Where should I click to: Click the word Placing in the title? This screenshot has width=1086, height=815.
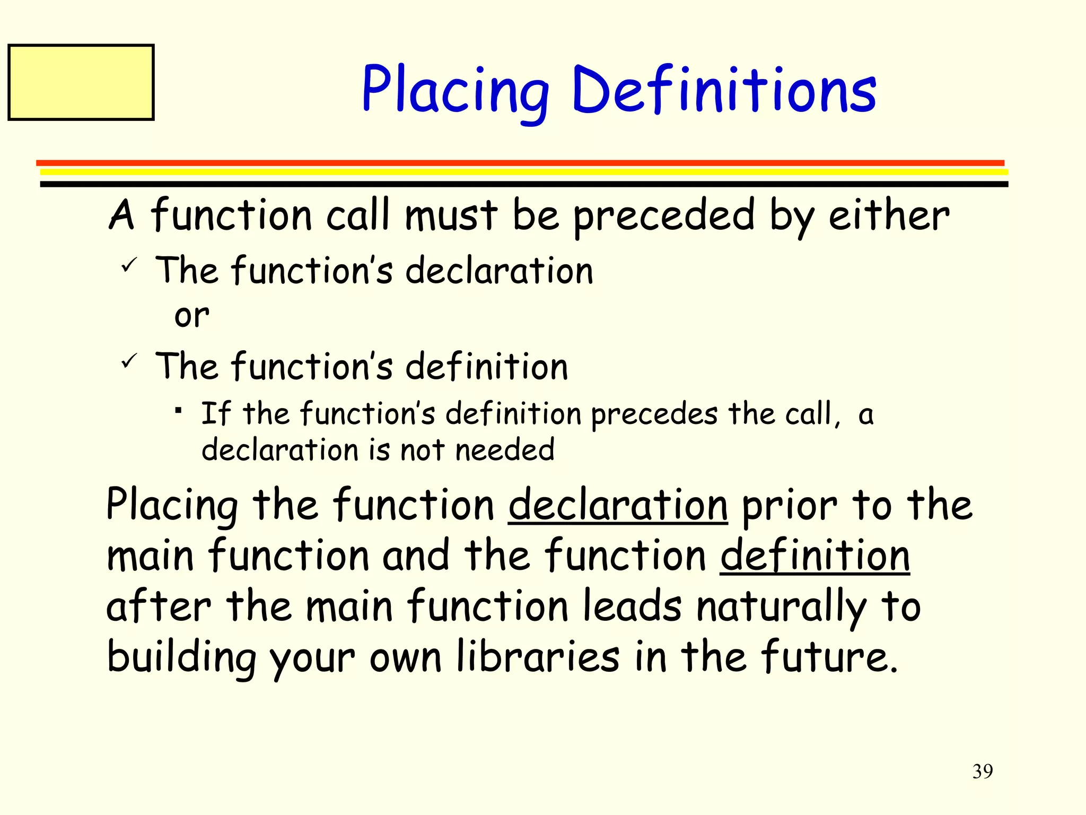coord(455,90)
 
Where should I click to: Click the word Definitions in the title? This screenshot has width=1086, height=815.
coord(724,90)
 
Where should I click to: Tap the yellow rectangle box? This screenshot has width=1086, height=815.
coord(81,82)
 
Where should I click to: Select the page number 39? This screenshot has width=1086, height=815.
coord(983,771)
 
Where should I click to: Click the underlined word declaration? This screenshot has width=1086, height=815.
coord(618,505)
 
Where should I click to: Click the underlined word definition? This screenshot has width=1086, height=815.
coord(815,556)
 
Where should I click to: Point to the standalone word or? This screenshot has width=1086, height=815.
coord(192,316)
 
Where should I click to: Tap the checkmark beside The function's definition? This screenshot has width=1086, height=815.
coord(129,361)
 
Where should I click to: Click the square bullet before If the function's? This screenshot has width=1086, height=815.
coord(179,410)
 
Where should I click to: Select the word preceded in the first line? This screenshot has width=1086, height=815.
coord(664,216)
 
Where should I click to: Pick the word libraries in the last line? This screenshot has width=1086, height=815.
coord(537,657)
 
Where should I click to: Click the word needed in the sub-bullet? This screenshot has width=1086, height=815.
coord(505,450)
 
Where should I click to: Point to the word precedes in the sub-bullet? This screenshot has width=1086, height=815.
coord(654,415)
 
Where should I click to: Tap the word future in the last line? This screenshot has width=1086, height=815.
coord(829,657)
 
